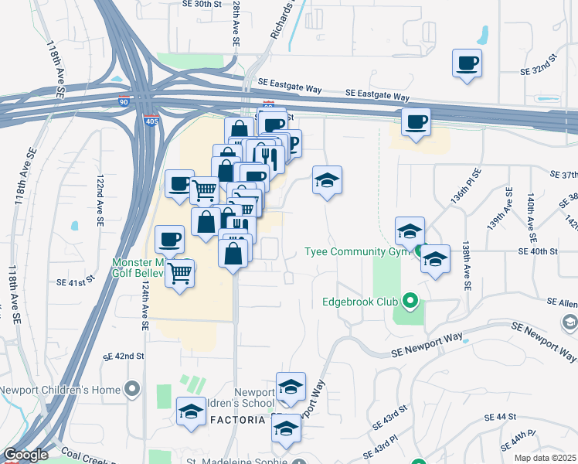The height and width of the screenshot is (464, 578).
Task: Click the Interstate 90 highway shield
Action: [124, 101]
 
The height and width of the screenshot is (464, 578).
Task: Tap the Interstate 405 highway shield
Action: [150, 120]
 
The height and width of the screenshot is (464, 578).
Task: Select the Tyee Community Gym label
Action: [355, 252]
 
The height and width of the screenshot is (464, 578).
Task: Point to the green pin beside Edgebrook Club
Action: [410, 302]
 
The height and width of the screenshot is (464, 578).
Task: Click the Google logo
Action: [25, 455]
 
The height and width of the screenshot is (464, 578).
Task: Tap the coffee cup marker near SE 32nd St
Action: [467, 63]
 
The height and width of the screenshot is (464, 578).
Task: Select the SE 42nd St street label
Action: [124, 357]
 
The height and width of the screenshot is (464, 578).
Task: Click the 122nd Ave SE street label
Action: [100, 199]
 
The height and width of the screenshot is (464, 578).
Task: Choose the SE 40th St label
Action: [538, 251]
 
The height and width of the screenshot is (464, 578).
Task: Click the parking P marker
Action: [290, 142]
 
